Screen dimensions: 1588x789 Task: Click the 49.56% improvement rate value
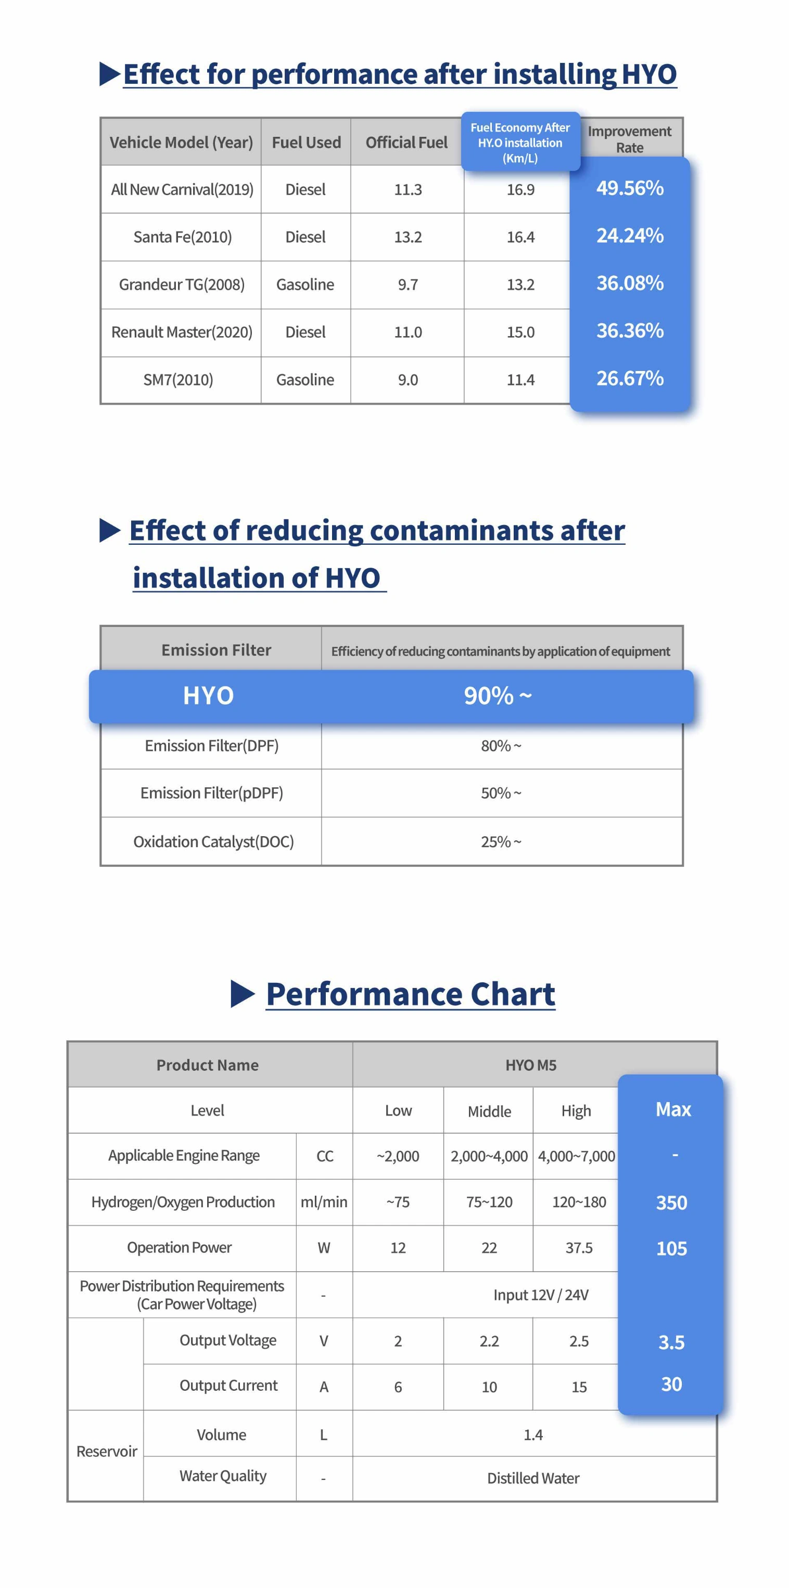point(629,188)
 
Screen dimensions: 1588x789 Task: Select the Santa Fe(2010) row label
point(183,237)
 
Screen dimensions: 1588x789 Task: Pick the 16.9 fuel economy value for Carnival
point(520,190)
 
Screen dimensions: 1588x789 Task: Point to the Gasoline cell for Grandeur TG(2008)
point(305,285)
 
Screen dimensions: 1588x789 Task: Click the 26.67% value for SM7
point(629,378)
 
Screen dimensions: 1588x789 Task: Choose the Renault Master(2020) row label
point(182,332)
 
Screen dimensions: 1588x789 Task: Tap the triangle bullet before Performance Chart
point(242,994)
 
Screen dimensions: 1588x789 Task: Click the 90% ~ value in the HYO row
point(498,696)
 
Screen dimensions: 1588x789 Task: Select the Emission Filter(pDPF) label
point(211,793)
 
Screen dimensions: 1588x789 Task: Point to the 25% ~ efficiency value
point(501,841)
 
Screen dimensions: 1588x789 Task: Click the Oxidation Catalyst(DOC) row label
point(213,841)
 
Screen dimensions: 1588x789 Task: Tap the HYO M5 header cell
point(531,1065)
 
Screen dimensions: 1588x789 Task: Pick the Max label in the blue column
point(673,1110)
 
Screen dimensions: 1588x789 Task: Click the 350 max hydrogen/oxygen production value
point(671,1203)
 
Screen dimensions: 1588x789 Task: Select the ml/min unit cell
point(324,1202)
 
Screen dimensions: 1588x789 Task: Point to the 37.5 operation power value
point(579,1248)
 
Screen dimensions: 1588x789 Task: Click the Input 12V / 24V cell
point(541,1295)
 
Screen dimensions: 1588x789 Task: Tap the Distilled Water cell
point(533,1478)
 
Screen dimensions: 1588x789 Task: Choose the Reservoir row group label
point(107,1451)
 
